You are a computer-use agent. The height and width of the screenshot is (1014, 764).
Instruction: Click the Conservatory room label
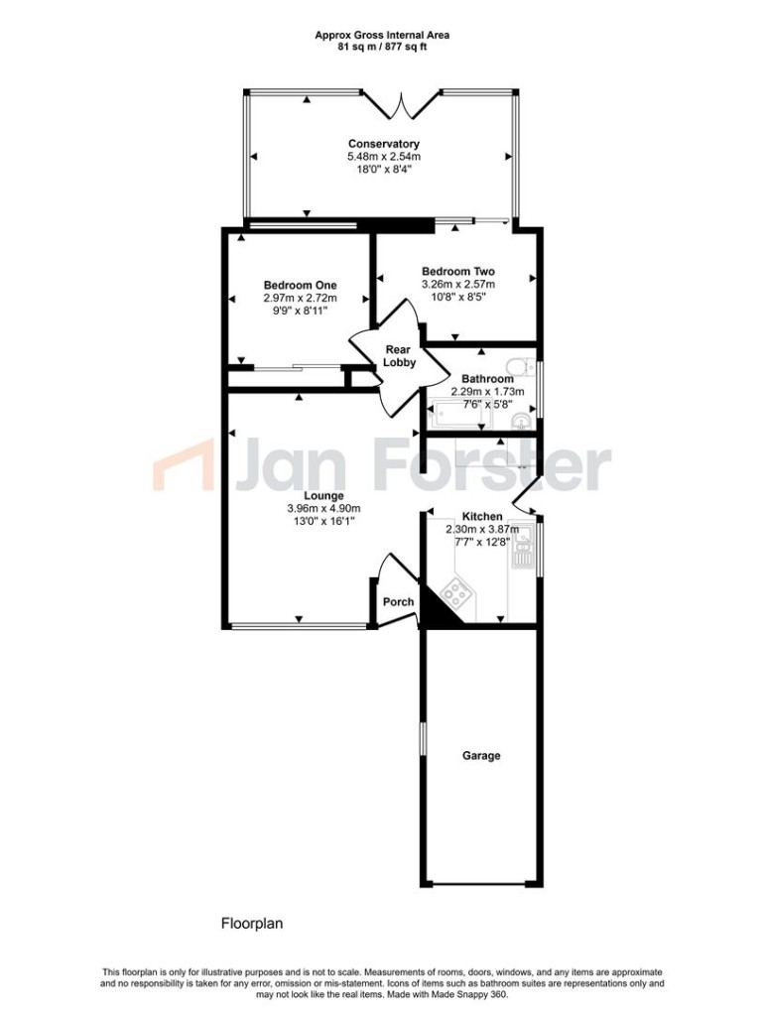[x=383, y=144]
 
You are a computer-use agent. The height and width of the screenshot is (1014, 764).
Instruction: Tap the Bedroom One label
[x=300, y=285]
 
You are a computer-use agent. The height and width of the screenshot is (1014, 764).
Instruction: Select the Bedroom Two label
[x=457, y=271]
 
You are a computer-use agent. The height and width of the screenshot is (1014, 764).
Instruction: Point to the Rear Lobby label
[x=400, y=355]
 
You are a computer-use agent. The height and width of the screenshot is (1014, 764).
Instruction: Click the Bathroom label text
[x=487, y=379]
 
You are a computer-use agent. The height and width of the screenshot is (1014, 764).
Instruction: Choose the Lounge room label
[x=324, y=496]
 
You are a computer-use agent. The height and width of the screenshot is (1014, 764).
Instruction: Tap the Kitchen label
[x=481, y=518]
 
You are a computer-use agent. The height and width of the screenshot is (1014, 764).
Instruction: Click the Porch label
[x=399, y=602]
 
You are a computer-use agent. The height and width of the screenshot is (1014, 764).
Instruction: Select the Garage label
[x=481, y=756]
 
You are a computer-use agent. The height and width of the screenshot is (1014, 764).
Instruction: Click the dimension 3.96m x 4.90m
[x=324, y=510]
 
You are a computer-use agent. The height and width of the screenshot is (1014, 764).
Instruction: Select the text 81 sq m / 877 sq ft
[x=382, y=46]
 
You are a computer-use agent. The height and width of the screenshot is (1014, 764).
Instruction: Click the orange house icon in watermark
[x=182, y=466]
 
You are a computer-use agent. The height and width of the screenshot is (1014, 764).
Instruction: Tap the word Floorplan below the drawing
[x=252, y=923]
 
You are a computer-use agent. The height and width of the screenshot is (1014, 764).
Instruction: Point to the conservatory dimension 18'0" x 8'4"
[x=383, y=170]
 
